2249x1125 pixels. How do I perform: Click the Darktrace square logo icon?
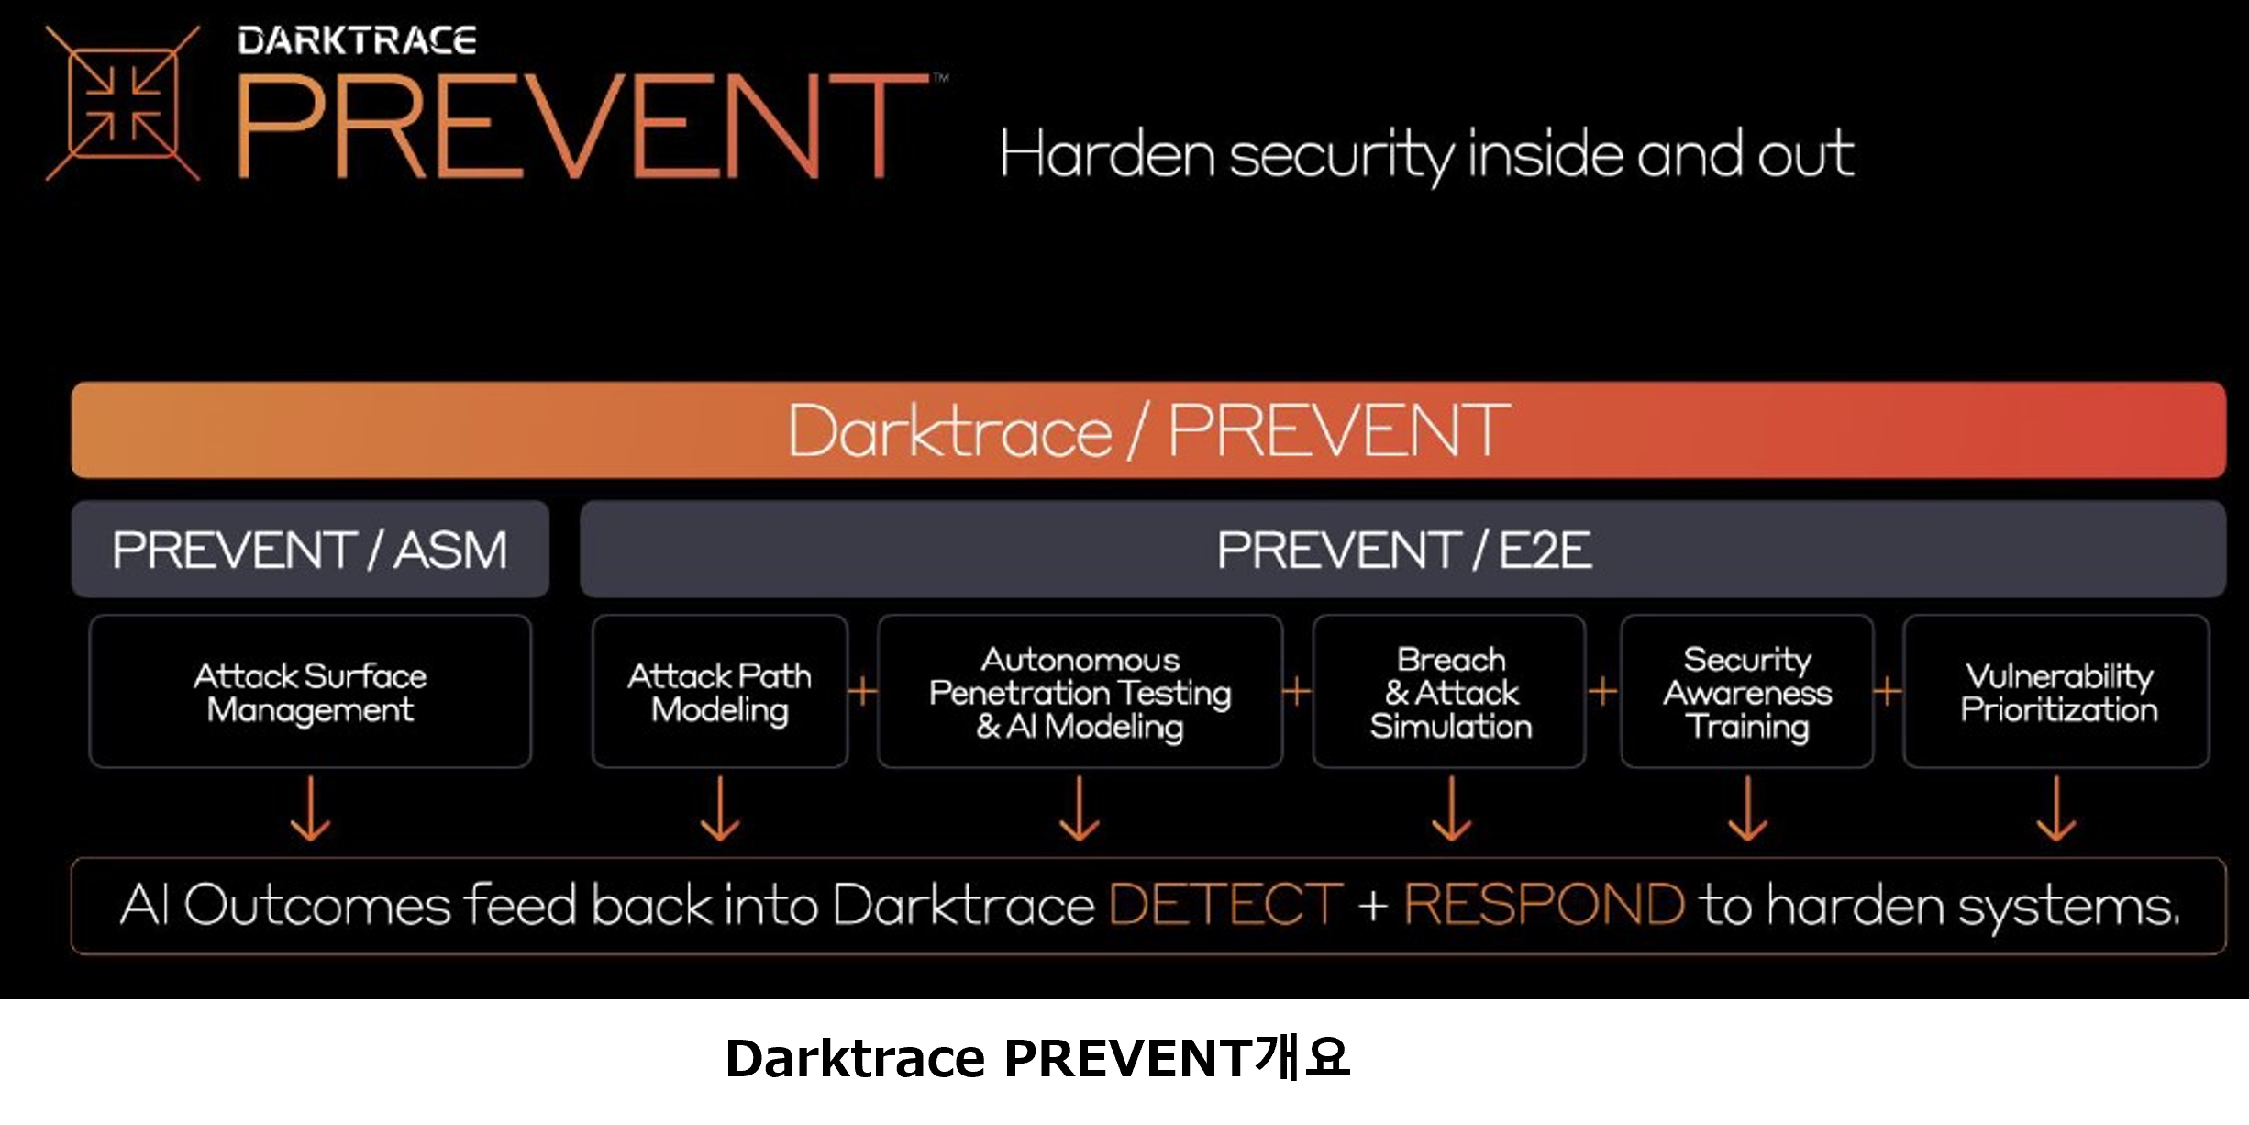click(x=123, y=103)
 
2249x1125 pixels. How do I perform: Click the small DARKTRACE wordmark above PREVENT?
click(x=357, y=40)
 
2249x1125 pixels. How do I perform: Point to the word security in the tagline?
click(x=1341, y=154)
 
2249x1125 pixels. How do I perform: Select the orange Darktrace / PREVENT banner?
click(x=1148, y=429)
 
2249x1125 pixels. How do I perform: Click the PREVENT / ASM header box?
click(x=310, y=550)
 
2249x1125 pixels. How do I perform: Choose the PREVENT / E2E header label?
click(x=1403, y=550)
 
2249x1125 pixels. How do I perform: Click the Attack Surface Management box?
click(x=310, y=692)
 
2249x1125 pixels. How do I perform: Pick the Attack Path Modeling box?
click(x=720, y=692)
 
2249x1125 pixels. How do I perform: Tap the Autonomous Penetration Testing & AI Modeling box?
click(x=1080, y=692)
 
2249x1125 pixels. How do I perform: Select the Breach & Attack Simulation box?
click(x=1450, y=692)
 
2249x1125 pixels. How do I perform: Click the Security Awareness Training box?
click(x=1747, y=692)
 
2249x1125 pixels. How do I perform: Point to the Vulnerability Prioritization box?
click(x=2057, y=692)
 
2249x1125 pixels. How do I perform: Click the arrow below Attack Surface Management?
click(x=310, y=809)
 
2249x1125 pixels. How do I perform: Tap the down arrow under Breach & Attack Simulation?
click(x=1451, y=809)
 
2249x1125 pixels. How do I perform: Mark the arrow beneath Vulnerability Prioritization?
click(x=2056, y=809)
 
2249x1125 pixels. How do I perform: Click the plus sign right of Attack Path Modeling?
click(x=862, y=691)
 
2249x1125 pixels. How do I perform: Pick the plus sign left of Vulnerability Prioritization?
click(x=1888, y=691)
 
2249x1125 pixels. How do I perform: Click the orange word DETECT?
click(x=1225, y=905)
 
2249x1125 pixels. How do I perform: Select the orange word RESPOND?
click(x=1544, y=905)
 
